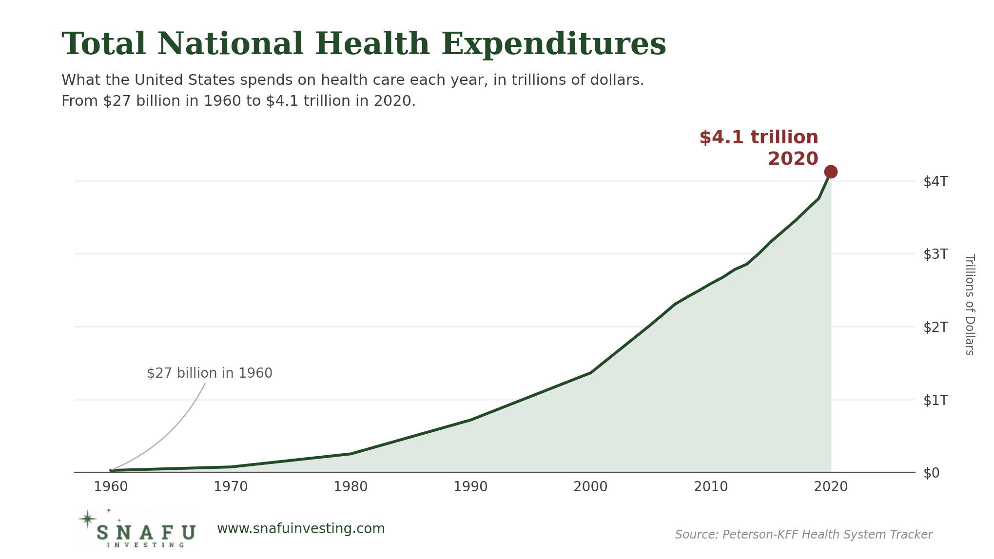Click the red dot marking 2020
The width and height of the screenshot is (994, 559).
click(x=831, y=172)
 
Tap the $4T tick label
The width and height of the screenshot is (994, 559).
click(x=936, y=181)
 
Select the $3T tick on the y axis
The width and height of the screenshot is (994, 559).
click(x=936, y=254)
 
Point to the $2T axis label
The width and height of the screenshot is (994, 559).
click(x=936, y=327)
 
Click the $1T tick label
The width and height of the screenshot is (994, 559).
click(x=936, y=400)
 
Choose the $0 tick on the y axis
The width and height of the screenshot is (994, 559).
click(x=931, y=473)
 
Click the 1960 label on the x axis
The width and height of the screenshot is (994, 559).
click(x=111, y=486)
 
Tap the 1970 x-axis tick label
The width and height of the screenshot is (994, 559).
click(x=231, y=486)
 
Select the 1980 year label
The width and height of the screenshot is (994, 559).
click(x=351, y=486)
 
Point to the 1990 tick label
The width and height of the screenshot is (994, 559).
click(x=470, y=486)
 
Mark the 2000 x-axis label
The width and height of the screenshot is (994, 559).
click(x=590, y=486)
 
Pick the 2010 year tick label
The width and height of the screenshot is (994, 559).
click(x=711, y=486)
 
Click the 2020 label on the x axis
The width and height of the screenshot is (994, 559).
click(x=831, y=486)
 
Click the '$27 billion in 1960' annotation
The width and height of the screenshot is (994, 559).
click(x=210, y=373)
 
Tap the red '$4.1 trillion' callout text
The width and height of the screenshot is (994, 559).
click(x=759, y=137)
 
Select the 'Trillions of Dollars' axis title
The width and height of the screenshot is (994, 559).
click(x=970, y=304)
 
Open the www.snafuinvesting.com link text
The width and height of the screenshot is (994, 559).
click(x=301, y=529)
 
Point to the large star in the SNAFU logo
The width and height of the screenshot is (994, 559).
click(x=87, y=519)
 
